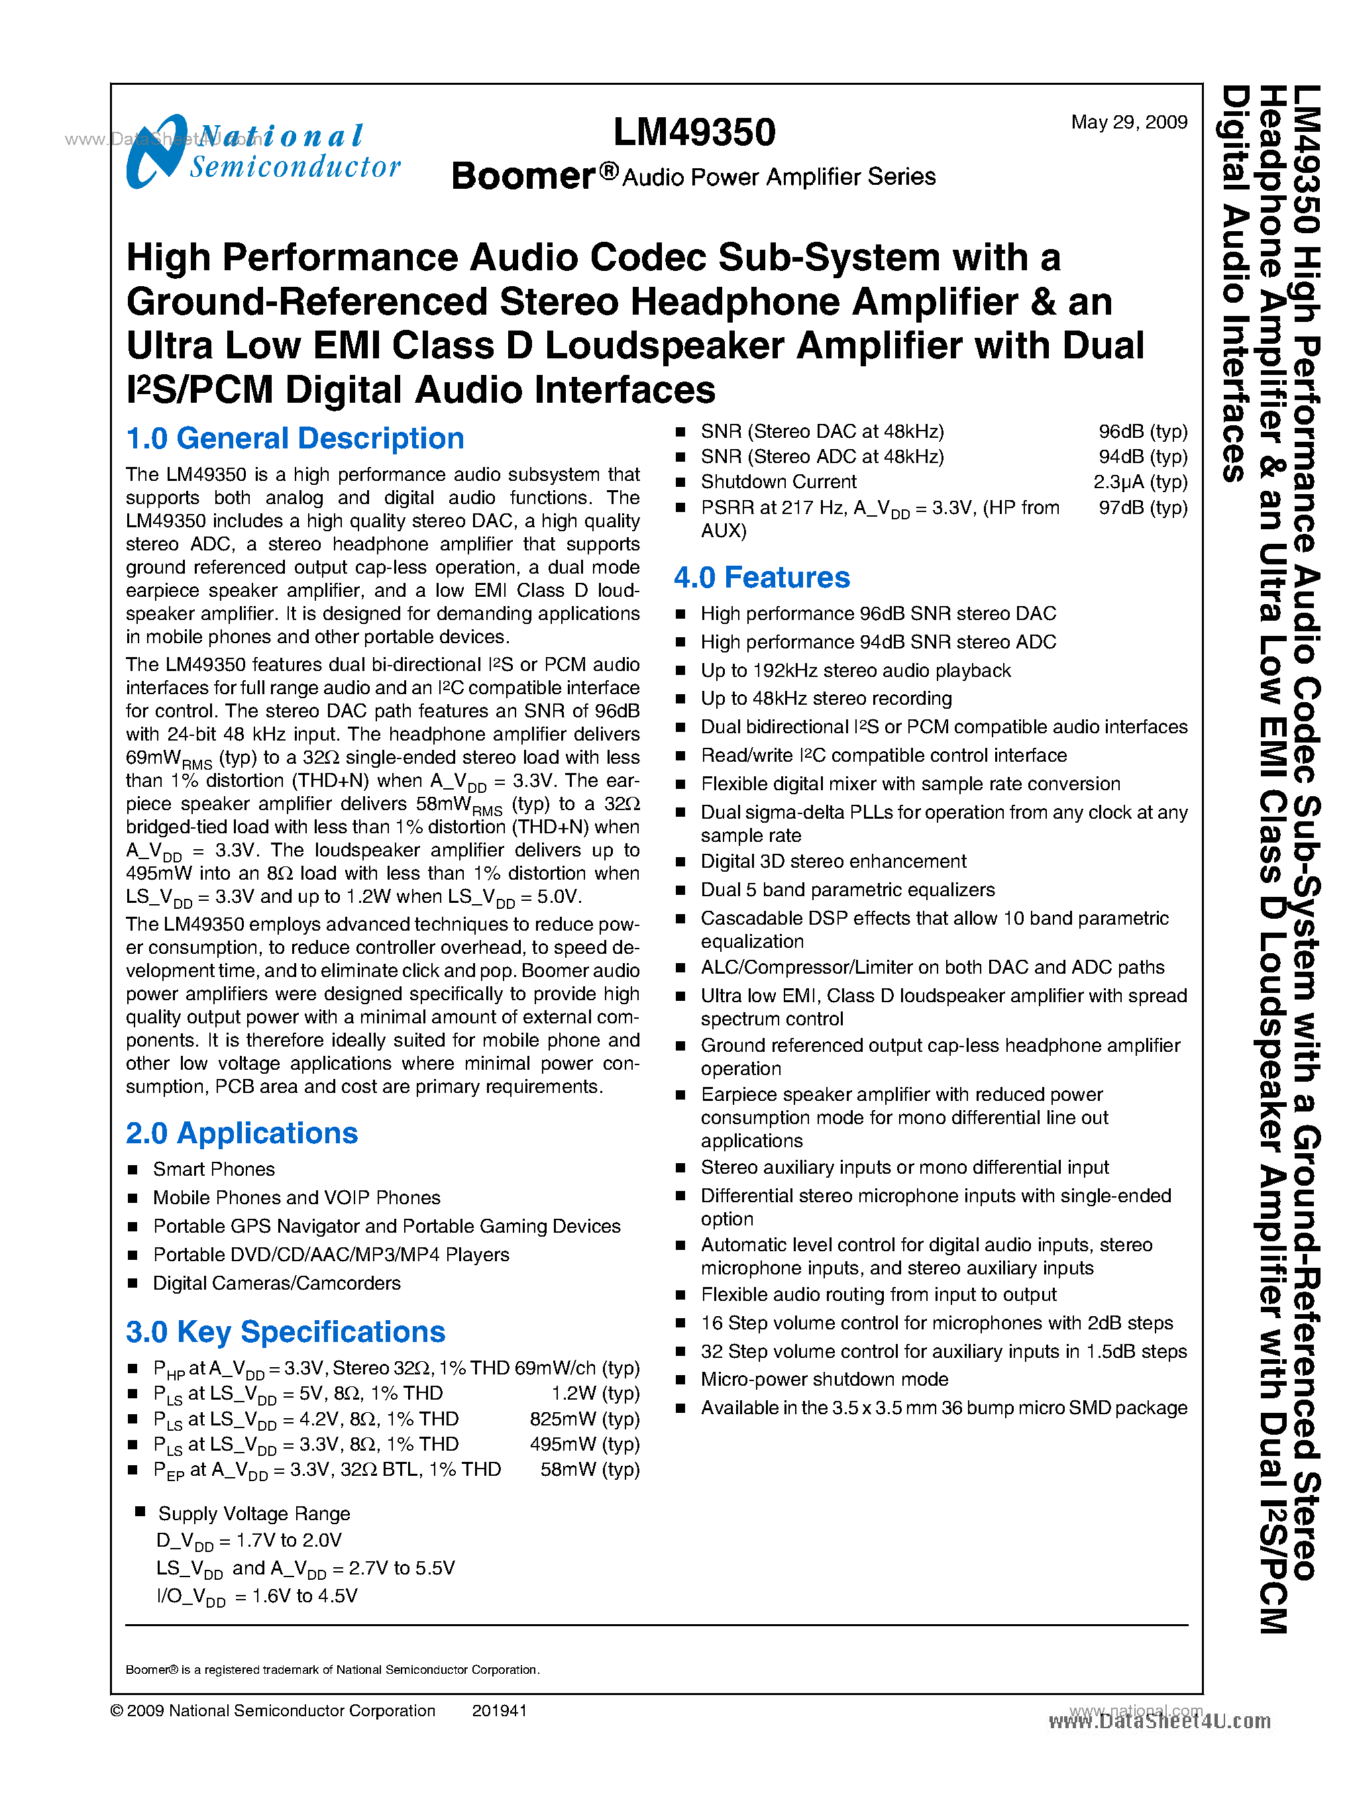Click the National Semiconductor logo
coord(262,152)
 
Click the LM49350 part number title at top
coord(694,132)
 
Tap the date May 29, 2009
coord(1128,123)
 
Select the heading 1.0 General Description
coord(294,438)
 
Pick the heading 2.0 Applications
coord(241,1133)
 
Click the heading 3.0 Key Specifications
coord(286,1331)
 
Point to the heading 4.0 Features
coord(761,577)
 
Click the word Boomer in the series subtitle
coord(523,176)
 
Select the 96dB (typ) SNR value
coord(1142,431)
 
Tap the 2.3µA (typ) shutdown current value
coord(1140,482)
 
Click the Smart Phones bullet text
coord(213,1169)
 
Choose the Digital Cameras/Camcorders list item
coord(276,1282)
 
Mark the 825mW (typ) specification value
coord(584,1419)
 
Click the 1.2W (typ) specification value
coord(595,1393)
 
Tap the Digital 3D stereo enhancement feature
coord(834,861)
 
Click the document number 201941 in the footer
coord(499,1710)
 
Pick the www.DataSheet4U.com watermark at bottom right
coord(1159,1721)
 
